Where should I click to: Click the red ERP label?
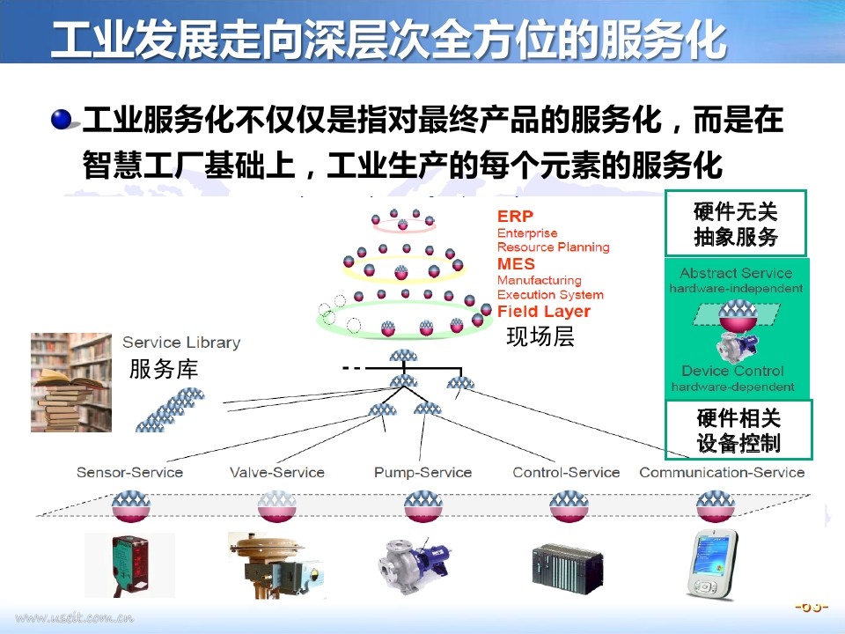point(515,217)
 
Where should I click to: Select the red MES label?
point(516,264)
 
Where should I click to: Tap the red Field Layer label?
point(543,312)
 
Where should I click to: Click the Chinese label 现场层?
point(540,336)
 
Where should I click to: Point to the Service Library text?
point(180,343)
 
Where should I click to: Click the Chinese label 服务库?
point(164,369)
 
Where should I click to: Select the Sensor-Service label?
point(129,472)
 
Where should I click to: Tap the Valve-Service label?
point(276,472)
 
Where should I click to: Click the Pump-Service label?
point(422,472)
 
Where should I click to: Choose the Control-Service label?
point(566,472)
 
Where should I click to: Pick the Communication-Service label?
point(722,472)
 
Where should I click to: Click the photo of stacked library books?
point(71,382)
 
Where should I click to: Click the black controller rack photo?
point(568,564)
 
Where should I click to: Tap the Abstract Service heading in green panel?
point(736,273)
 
